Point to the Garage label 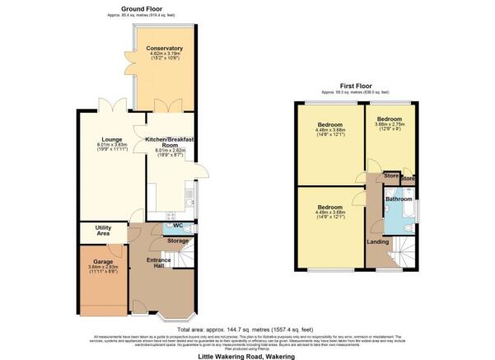pos(103,262)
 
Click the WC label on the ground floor pos(177,225)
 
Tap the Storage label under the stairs pos(177,241)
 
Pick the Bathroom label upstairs pos(399,200)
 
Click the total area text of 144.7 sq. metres pos(247,327)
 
